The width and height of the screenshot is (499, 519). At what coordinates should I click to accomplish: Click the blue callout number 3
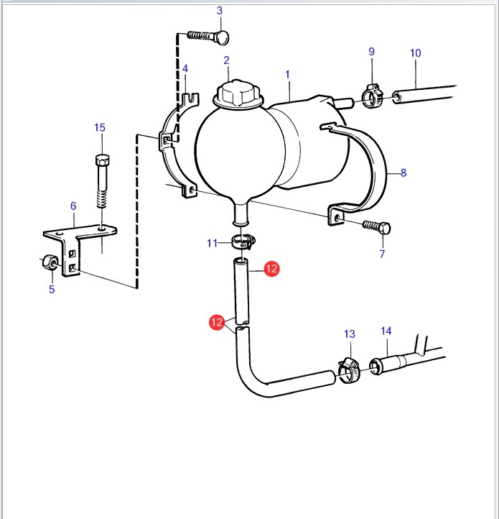click(220, 11)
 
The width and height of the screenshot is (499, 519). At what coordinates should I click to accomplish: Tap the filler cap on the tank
click(239, 94)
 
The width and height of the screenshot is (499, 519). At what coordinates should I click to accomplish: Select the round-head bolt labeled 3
click(208, 37)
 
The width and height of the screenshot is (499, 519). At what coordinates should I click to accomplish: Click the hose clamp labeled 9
click(373, 96)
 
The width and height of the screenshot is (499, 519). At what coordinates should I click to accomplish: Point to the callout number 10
click(415, 53)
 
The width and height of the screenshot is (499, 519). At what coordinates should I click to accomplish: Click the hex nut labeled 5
click(50, 262)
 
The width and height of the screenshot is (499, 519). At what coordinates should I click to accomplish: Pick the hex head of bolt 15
click(103, 160)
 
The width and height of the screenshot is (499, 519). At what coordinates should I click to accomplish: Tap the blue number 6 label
click(73, 206)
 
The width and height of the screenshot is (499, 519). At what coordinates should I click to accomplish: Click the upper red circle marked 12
click(271, 269)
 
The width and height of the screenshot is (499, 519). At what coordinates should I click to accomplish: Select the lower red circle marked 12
click(217, 322)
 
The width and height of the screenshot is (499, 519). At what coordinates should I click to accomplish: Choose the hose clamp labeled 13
click(349, 370)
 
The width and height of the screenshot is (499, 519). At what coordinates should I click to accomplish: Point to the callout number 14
click(386, 331)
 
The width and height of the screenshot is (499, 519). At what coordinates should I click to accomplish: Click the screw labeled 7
click(377, 226)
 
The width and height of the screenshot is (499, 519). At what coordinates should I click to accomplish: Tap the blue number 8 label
click(404, 173)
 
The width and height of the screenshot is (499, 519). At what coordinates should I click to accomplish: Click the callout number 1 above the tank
click(287, 75)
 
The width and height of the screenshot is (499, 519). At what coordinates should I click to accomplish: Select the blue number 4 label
click(185, 68)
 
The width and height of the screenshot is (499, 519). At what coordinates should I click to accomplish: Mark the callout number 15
click(100, 127)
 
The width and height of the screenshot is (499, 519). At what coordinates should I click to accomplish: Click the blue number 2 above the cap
click(226, 60)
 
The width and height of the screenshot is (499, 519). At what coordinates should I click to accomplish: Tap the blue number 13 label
click(349, 334)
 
